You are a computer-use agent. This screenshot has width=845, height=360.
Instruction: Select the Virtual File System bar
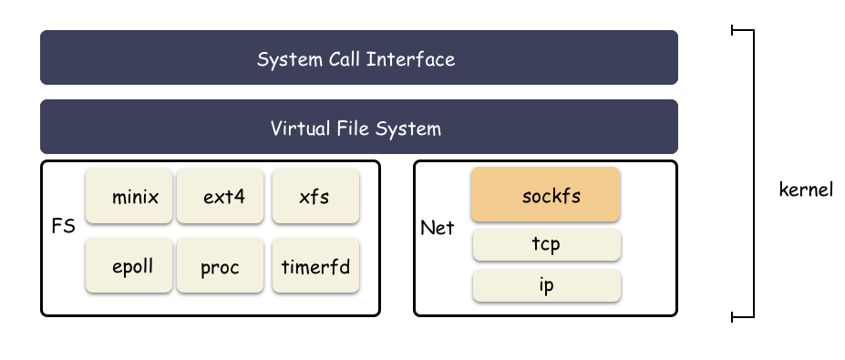click(359, 127)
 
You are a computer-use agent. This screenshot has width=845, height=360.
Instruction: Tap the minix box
click(129, 196)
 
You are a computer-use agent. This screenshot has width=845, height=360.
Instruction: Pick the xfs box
click(315, 196)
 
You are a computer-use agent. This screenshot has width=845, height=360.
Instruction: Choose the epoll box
click(129, 266)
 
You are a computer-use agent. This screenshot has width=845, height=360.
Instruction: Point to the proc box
click(221, 266)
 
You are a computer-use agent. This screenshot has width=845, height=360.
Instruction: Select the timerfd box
click(315, 266)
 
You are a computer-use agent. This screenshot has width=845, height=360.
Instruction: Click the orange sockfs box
click(546, 194)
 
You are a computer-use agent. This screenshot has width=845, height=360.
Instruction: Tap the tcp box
click(546, 245)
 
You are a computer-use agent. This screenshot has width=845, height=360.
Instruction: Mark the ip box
click(546, 285)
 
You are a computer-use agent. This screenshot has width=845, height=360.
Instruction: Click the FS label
click(64, 224)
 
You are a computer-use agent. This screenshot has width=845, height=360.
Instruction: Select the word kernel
click(806, 191)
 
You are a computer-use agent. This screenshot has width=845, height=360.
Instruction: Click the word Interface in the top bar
click(415, 60)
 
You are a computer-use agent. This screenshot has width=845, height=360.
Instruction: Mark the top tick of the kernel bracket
click(743, 30)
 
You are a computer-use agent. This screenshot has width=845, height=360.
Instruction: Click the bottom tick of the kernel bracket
click(743, 317)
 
